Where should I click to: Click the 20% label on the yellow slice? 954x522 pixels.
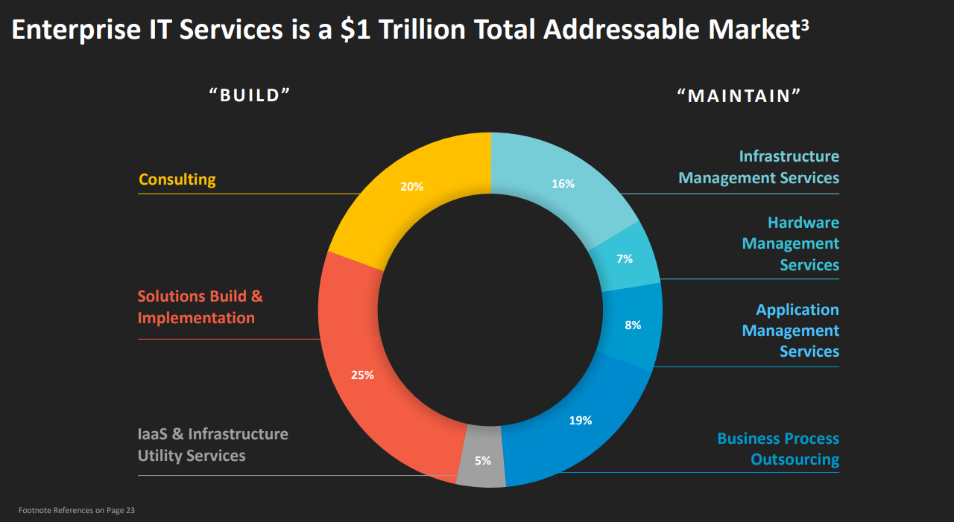(x=411, y=187)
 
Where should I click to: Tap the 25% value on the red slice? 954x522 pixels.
(x=362, y=375)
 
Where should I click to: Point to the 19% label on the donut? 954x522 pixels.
(x=580, y=421)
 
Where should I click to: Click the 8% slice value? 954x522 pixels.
(x=633, y=325)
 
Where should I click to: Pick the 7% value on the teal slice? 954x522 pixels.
(x=625, y=259)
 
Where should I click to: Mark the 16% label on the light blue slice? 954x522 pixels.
(x=563, y=184)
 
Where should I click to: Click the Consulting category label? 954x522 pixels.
(x=177, y=179)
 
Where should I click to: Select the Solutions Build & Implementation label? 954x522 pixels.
(x=200, y=307)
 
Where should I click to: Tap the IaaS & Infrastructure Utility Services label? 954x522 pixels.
(x=212, y=445)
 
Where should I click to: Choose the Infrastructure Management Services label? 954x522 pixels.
(x=759, y=167)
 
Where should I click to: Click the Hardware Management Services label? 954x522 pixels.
(x=791, y=244)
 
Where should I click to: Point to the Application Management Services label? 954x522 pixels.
(x=791, y=330)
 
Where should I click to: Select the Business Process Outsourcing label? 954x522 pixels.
(x=778, y=449)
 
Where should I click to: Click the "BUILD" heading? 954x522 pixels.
(x=250, y=95)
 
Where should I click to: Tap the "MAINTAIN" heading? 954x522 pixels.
(x=739, y=95)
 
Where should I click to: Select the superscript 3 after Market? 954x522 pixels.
(x=804, y=23)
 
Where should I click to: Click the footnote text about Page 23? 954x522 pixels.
(x=77, y=510)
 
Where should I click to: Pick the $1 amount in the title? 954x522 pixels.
(x=356, y=30)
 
